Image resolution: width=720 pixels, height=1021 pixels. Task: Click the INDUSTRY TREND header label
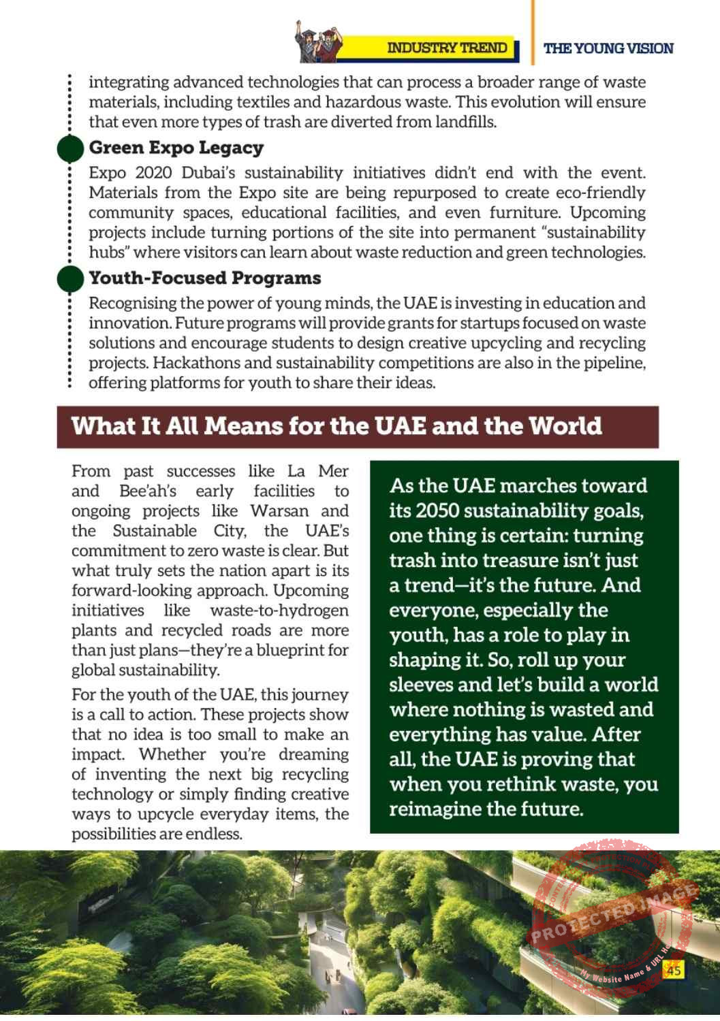click(x=447, y=48)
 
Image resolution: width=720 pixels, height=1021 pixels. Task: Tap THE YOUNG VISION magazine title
click(x=608, y=48)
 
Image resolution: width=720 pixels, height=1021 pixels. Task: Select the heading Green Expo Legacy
click(x=176, y=148)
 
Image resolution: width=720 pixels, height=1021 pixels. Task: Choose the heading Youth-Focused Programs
click(x=204, y=278)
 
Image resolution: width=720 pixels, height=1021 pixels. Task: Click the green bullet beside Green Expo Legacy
click(x=70, y=148)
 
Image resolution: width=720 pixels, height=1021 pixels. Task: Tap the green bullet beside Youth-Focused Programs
click(x=70, y=278)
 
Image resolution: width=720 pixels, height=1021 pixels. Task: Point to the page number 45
click(x=674, y=970)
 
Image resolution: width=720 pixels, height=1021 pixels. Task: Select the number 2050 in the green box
click(x=437, y=510)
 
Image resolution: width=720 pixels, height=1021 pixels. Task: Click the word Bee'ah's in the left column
click(x=147, y=491)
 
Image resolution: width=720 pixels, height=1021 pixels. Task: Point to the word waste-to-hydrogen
click(x=279, y=610)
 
